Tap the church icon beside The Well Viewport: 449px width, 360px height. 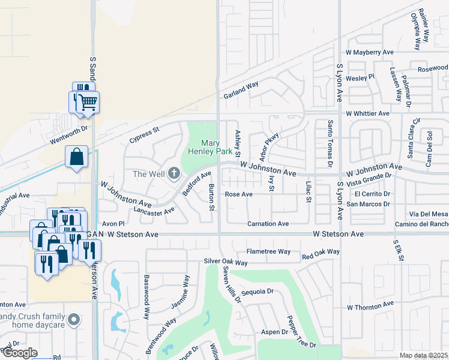(174, 174)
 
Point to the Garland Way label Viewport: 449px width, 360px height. (241, 90)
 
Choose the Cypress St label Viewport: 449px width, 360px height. (144, 135)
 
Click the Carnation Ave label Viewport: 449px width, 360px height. (268, 224)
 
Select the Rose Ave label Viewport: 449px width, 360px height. (238, 194)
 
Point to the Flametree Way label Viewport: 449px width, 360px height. (268, 251)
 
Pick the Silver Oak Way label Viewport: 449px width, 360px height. (226, 262)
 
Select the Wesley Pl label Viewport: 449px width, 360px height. (360, 77)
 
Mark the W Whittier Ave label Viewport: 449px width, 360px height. (368, 113)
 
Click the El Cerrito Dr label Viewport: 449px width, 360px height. (372, 194)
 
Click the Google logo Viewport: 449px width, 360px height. (20, 353)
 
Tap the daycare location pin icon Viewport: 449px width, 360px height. (74, 319)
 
